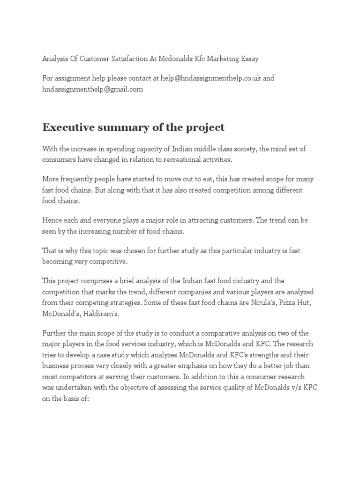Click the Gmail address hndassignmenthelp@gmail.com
[93, 89]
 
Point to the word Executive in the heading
[65, 127]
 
